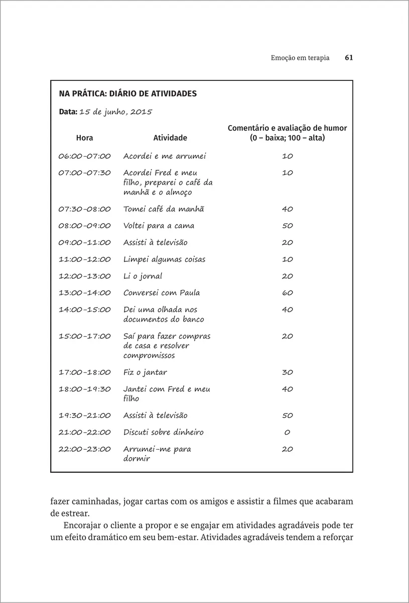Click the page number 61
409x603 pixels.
point(349,58)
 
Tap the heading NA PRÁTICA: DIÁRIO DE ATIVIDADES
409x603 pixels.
point(128,93)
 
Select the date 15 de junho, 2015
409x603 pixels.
point(115,112)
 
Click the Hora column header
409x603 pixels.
point(84,138)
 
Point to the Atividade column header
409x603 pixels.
point(170,138)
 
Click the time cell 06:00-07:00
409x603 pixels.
point(84,156)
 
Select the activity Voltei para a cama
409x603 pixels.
point(159,226)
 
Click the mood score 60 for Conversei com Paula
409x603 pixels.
point(287,293)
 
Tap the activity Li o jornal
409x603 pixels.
point(143,276)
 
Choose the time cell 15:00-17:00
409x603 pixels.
point(84,336)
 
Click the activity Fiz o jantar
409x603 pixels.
point(145,372)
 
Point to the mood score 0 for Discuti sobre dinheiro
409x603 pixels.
point(287,432)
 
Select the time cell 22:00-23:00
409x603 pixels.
point(84,449)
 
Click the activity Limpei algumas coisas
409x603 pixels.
point(164,259)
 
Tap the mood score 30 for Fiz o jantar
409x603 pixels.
point(287,372)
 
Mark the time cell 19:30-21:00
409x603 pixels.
point(84,416)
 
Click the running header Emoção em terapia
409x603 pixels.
point(300,58)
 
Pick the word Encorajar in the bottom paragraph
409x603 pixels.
point(82,526)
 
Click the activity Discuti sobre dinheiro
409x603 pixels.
point(163,432)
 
